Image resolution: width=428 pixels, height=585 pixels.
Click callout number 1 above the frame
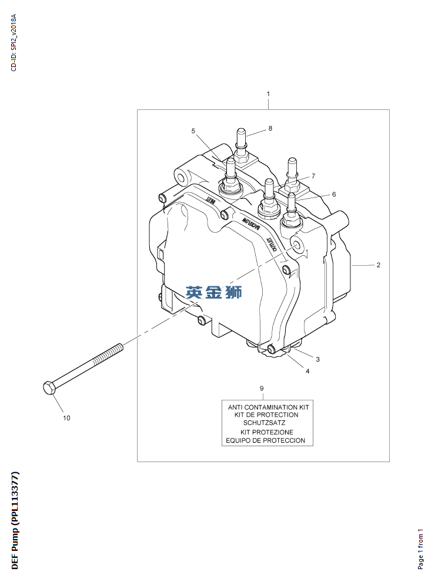[268, 94]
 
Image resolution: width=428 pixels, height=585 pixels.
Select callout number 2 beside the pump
[379, 265]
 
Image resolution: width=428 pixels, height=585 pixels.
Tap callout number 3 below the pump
[317, 359]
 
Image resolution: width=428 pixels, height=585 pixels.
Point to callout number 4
[307, 371]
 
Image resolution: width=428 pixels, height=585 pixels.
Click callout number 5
[193, 131]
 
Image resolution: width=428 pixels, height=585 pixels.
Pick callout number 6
[334, 194]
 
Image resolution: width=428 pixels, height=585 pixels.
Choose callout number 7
[313, 176]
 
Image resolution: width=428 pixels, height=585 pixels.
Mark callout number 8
[270, 128]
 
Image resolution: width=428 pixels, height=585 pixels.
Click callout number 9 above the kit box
[262, 388]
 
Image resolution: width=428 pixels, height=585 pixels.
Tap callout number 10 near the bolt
[66, 418]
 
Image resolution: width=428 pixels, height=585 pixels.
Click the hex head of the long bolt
[49, 387]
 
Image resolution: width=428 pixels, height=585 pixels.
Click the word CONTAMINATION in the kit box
[272, 406]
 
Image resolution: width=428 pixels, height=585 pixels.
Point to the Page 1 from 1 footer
[420, 549]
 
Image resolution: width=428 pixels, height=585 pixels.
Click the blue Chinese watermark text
[213, 292]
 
